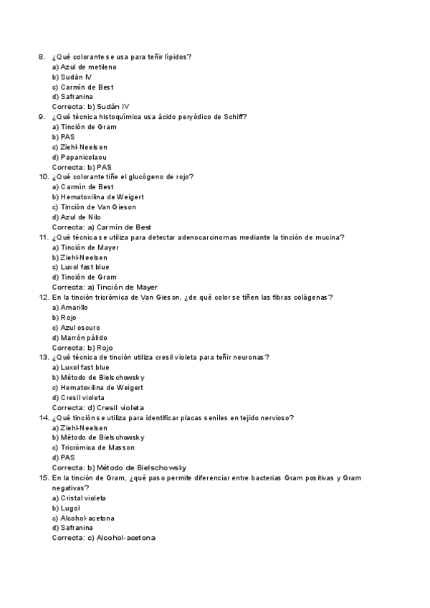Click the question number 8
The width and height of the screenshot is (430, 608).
41,57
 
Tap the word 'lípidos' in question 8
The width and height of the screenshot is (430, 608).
183,57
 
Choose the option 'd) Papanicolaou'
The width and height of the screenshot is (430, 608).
80,157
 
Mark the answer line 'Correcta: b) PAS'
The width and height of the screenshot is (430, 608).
82,167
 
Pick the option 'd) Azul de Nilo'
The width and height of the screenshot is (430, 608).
77,217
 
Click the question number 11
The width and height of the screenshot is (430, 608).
42,237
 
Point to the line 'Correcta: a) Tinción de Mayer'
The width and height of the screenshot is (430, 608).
105,287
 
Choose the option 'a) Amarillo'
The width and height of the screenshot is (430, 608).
70,307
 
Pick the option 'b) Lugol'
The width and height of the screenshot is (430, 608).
66,508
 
